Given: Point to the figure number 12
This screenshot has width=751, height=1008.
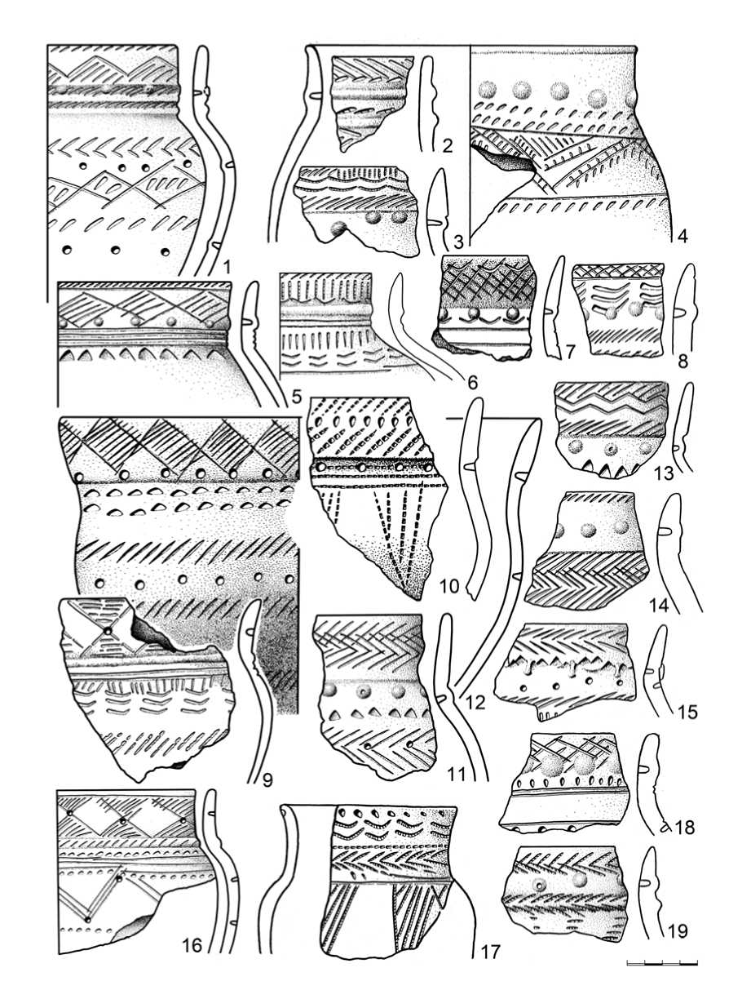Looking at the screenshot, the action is tap(475, 702).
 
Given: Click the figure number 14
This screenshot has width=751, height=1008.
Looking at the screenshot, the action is tap(659, 606).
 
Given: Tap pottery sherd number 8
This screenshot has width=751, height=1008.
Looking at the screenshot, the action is tap(620, 309).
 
